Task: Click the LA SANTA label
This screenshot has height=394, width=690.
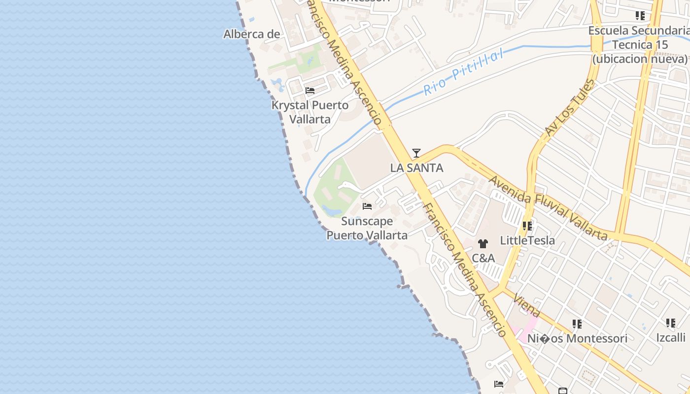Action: (x=416, y=168)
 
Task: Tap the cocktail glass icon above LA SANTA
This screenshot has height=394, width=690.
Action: (x=416, y=153)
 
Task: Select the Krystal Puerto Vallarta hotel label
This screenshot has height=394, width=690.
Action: (x=310, y=112)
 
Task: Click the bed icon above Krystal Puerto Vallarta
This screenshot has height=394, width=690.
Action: (x=310, y=91)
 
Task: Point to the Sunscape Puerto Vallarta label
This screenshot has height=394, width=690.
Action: (x=367, y=228)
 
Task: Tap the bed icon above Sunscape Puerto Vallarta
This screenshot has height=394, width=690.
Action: (x=367, y=206)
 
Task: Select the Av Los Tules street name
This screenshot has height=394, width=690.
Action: (x=570, y=107)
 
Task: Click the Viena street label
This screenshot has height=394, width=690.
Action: (x=526, y=305)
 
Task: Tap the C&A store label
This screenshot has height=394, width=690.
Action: (x=483, y=258)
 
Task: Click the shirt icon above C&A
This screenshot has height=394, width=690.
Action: (x=483, y=243)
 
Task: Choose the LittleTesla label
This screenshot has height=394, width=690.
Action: (x=527, y=241)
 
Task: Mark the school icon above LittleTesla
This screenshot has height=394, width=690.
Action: (x=527, y=226)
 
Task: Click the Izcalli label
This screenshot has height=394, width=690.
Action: (x=671, y=337)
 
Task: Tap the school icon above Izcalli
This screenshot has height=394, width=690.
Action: (x=671, y=323)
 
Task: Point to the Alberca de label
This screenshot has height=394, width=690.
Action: (x=252, y=34)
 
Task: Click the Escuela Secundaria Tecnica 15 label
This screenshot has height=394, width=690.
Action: (x=640, y=45)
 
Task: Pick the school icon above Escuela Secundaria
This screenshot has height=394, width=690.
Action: (x=640, y=16)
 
